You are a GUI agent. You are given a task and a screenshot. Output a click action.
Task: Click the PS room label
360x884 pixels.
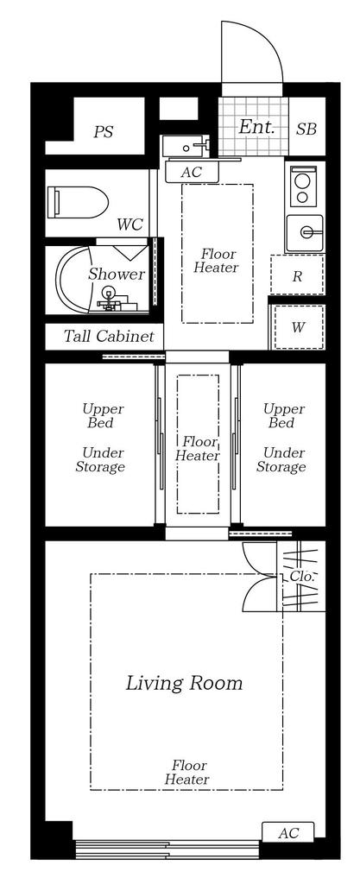pos(103,132)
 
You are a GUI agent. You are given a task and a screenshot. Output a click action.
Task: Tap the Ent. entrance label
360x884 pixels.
pos(256,127)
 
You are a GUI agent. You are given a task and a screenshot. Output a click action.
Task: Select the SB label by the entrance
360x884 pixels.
pos(306,129)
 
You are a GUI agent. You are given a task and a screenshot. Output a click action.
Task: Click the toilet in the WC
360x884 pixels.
pos(79,202)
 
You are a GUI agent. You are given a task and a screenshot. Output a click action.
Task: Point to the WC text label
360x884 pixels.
pos(129,224)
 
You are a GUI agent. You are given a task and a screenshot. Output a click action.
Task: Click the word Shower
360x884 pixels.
pos(117,275)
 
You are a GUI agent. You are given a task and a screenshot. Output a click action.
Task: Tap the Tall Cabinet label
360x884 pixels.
pos(109,337)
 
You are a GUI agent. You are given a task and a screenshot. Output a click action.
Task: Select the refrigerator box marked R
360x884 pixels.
pos(297,275)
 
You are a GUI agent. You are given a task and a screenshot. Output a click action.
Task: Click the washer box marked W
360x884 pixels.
pos(298,327)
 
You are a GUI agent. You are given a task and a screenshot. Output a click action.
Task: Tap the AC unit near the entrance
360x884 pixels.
pos(191,172)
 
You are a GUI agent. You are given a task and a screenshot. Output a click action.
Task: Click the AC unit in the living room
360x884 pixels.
pos(288,832)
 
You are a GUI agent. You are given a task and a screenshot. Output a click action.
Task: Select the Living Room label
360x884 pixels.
pos(184,684)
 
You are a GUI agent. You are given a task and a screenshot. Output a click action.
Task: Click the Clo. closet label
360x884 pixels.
pos(302,576)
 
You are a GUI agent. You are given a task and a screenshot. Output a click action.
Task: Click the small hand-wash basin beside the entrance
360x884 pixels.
pos(186,147)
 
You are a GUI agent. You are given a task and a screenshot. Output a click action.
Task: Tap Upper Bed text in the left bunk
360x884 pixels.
pos(103,415)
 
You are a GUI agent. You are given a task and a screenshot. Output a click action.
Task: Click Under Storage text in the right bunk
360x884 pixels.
pos(281,459)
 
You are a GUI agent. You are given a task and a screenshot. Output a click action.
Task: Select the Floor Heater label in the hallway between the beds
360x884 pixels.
pos(197,448)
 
